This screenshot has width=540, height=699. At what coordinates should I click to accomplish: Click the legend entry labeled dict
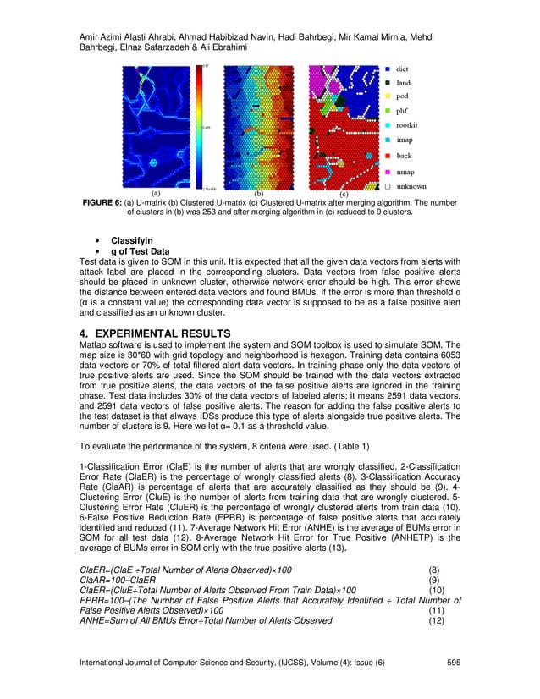click(x=404, y=67)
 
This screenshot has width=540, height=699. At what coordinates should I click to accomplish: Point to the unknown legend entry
click(x=411, y=186)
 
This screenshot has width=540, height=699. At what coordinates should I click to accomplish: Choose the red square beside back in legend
click(x=386, y=157)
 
